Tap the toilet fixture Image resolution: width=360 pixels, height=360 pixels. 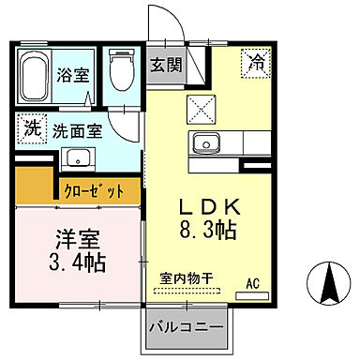coord(120,67)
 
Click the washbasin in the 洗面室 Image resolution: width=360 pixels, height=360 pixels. coord(74,156)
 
